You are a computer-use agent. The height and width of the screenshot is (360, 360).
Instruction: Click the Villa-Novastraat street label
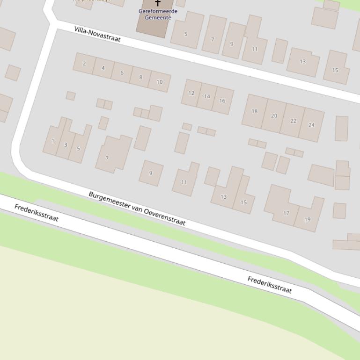[97, 34]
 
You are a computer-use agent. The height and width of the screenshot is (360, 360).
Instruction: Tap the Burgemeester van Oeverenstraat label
[137, 208]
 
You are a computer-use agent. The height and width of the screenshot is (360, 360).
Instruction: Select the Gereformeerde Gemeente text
[158, 14]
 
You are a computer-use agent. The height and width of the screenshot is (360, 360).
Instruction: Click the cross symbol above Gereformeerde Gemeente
[158, 3]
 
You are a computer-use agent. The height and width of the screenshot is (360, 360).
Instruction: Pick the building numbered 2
[84, 64]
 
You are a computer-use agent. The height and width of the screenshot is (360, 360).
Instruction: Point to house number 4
[103, 68]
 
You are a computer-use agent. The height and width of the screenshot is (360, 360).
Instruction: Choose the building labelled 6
[122, 72]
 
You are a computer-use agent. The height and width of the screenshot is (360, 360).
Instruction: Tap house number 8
[140, 77]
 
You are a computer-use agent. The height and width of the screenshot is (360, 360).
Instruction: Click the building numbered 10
[160, 82]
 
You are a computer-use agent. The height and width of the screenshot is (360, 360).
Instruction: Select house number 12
[191, 93]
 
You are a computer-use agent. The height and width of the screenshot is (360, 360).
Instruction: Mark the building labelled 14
[207, 96]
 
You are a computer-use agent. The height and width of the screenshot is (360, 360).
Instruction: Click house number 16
[222, 101]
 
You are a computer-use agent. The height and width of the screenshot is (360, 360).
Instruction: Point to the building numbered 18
[255, 111]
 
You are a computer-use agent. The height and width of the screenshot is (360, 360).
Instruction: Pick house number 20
[274, 115]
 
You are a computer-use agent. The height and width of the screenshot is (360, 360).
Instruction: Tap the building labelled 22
[293, 121]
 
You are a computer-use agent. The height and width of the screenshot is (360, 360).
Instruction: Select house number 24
[312, 125]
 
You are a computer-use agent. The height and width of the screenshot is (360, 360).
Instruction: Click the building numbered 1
[53, 140]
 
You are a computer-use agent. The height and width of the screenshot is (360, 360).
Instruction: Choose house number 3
[66, 144]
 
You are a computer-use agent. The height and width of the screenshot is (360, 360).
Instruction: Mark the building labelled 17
[286, 213]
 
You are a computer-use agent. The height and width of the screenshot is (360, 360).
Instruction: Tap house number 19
[308, 219]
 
